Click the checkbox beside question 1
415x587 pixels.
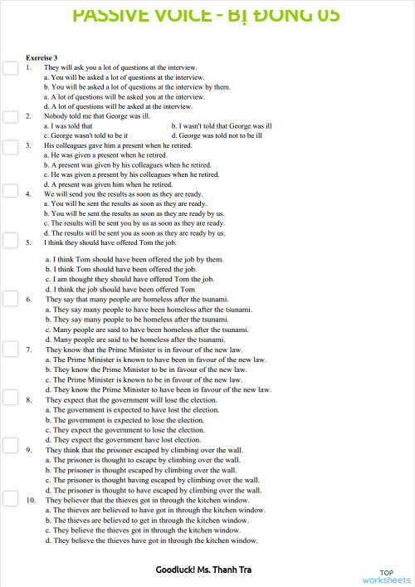coord(10,68)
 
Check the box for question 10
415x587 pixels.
coord(10,499)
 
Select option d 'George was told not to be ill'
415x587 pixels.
coord(217,135)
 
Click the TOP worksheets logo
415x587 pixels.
coord(386,576)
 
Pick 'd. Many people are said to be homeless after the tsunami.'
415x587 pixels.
coord(134,340)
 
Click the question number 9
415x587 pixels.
coord(30,450)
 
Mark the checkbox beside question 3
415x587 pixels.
coord(10,144)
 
